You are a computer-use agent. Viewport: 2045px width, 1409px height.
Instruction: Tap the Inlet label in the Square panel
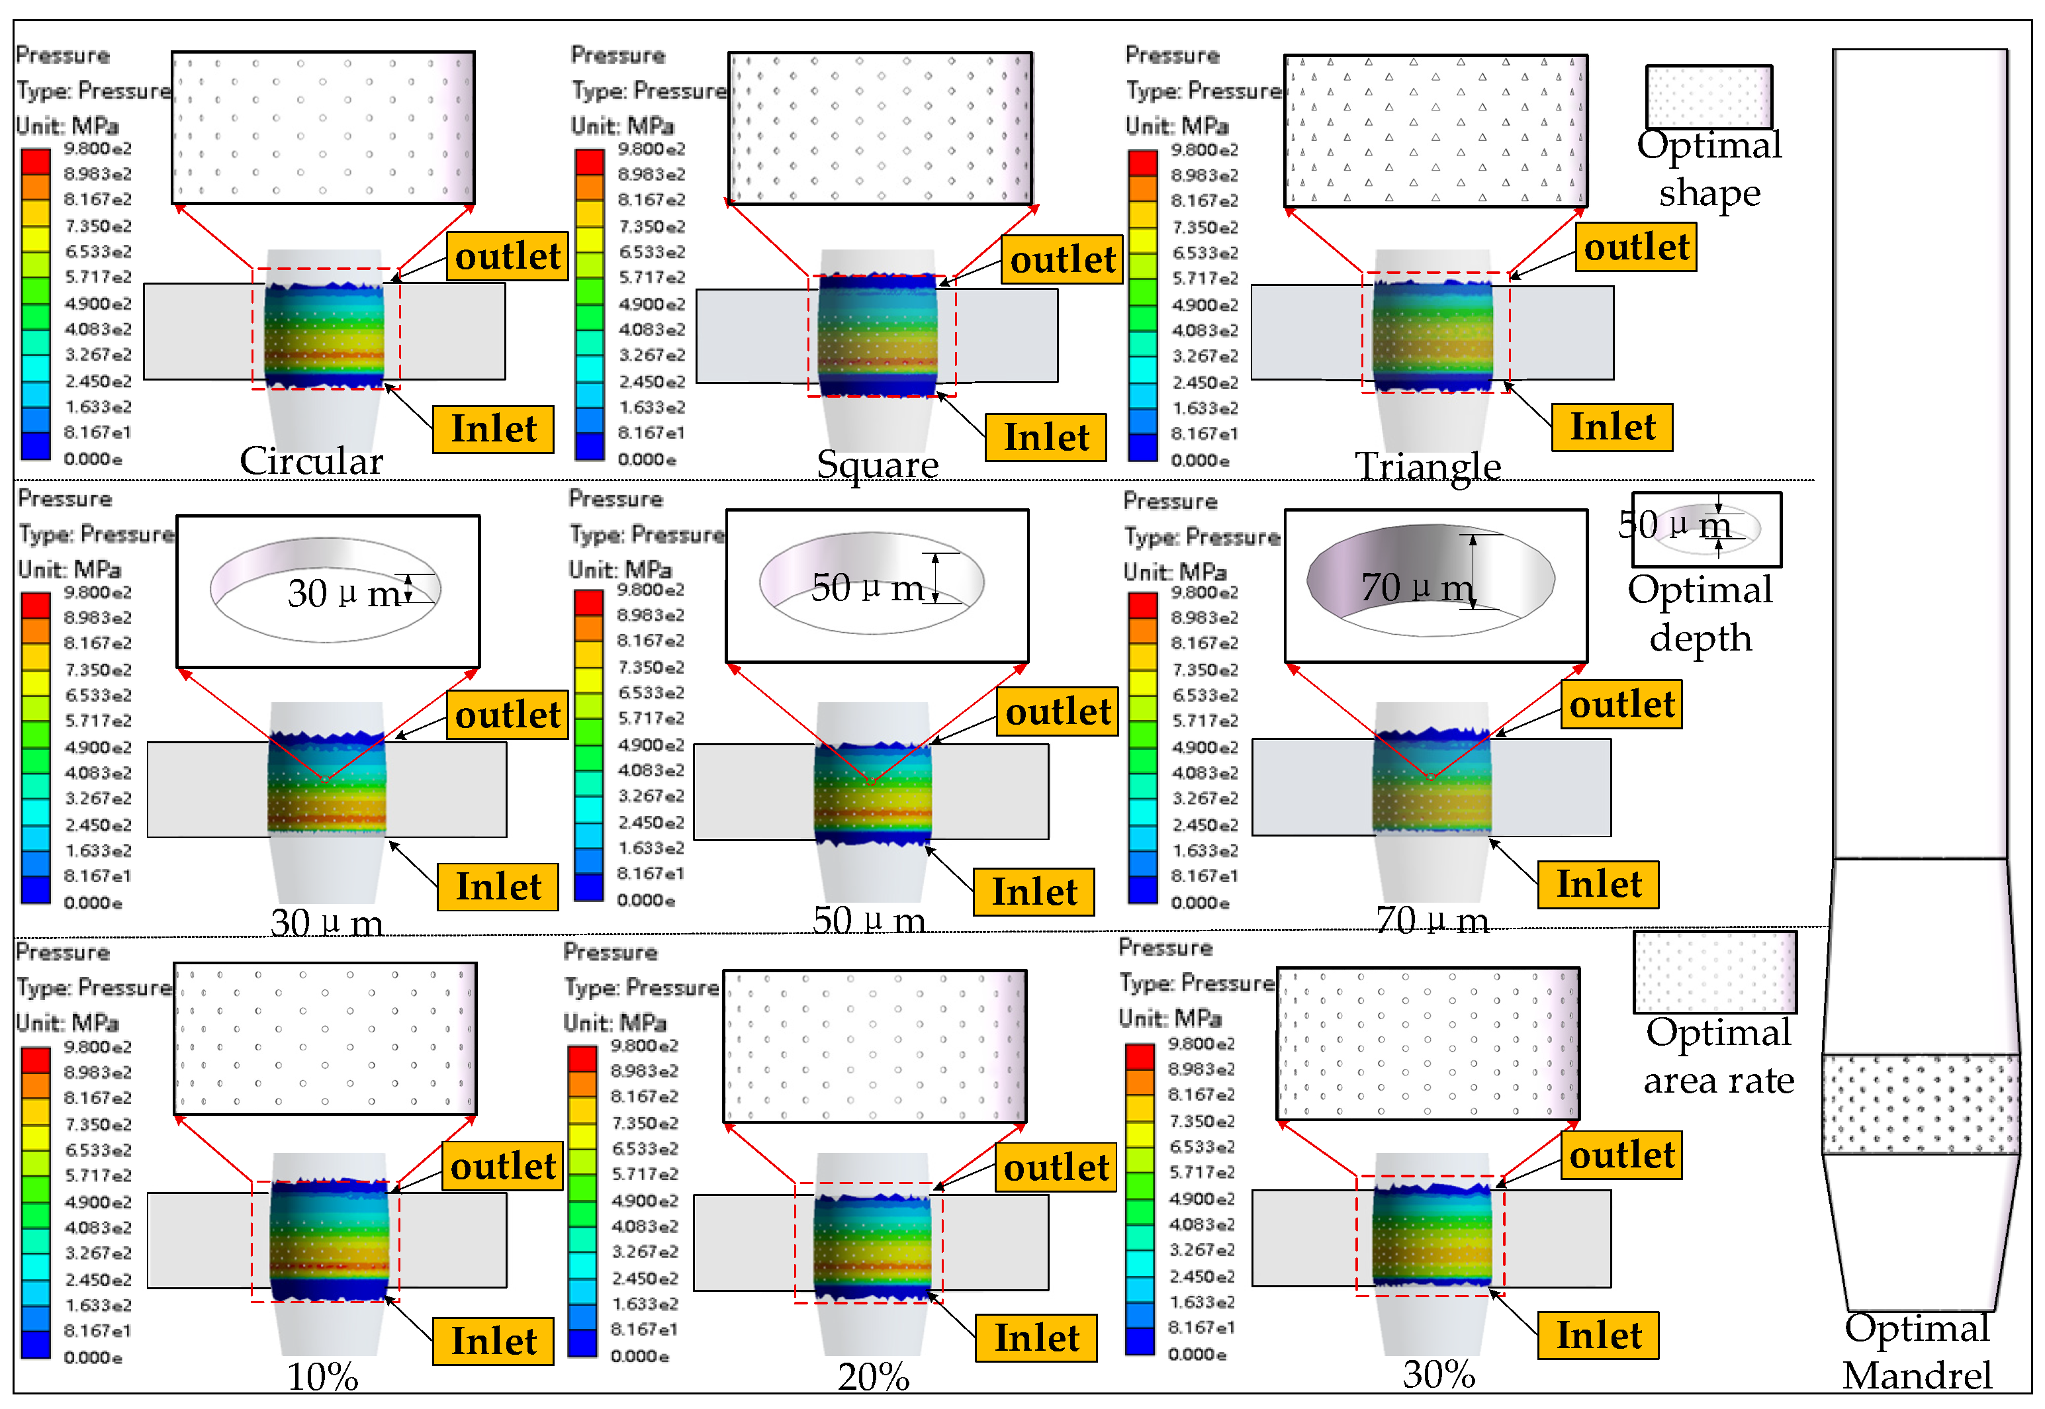[1046, 437]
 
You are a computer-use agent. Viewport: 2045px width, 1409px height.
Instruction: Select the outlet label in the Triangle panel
[1635, 246]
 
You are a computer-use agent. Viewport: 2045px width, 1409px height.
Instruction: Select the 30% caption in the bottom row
[1439, 1374]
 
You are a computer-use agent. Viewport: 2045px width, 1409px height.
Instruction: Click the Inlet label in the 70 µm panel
[1598, 884]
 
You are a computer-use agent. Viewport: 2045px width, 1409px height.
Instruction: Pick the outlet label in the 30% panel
[1621, 1155]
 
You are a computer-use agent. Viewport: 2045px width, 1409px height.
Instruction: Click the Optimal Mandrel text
[1917, 1351]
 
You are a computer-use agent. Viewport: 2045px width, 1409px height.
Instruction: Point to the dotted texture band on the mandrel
[1921, 1103]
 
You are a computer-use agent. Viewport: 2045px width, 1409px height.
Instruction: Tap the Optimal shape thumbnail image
[1709, 95]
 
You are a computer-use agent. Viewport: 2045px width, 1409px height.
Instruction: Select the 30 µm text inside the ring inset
[345, 593]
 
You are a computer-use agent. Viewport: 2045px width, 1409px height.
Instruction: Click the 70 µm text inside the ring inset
[1416, 587]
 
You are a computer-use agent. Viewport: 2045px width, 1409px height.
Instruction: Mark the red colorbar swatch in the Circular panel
[35, 161]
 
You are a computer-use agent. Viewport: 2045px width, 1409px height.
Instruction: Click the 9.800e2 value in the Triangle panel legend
[1204, 150]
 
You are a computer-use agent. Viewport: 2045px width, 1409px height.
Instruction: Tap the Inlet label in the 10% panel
[493, 1341]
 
